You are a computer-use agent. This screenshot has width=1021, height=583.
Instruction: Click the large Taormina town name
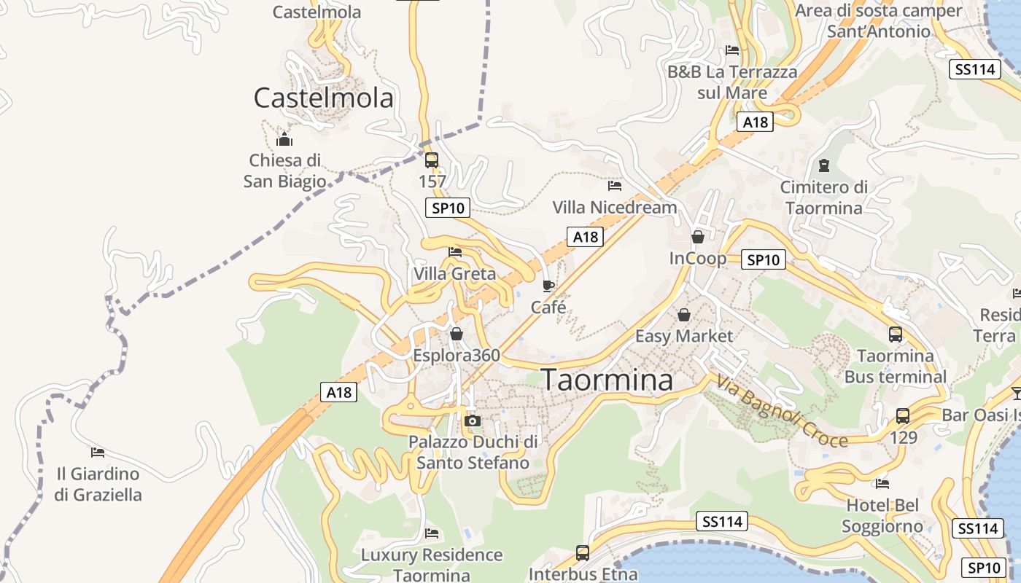click(607, 380)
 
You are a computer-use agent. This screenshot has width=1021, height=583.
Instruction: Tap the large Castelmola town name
click(323, 98)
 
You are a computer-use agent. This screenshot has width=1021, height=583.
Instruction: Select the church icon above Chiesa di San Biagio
click(284, 139)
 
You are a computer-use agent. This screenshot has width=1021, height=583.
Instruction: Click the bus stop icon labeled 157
click(432, 160)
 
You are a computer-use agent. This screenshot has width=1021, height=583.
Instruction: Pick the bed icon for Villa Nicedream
click(615, 186)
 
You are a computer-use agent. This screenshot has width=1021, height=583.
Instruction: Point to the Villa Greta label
click(454, 274)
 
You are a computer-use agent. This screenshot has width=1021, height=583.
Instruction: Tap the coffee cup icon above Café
click(548, 286)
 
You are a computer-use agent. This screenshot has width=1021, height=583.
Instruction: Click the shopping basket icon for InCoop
click(698, 237)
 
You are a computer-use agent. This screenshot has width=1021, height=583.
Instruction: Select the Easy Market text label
click(683, 336)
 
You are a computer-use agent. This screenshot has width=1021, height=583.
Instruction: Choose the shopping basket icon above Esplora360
click(457, 334)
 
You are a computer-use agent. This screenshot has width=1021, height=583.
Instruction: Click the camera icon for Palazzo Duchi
click(473, 420)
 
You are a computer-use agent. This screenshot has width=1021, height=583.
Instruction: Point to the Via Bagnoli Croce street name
click(783, 412)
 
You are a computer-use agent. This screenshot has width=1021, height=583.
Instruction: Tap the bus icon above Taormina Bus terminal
click(895, 334)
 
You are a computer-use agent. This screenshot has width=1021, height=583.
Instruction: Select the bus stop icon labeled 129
click(902, 416)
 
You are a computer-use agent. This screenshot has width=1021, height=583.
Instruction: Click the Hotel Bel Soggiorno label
click(882, 515)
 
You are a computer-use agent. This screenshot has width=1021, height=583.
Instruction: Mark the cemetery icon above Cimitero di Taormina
click(824, 165)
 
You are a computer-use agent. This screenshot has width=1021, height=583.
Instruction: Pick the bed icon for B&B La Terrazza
click(732, 50)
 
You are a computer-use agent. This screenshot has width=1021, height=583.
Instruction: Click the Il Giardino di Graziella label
click(98, 484)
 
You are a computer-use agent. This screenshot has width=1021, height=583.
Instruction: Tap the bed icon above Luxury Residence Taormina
click(432, 533)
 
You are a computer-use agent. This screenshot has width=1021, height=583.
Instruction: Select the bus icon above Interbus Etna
click(582, 552)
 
